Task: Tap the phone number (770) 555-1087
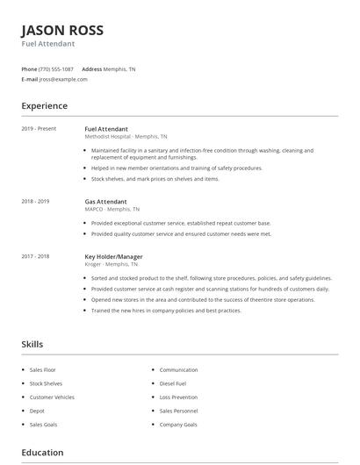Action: click(56, 68)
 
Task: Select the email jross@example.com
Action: click(63, 79)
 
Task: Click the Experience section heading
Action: click(44, 106)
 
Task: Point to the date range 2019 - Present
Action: click(39, 129)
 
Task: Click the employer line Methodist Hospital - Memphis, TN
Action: click(126, 137)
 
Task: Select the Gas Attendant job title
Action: click(105, 201)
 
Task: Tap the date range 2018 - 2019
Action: click(35, 201)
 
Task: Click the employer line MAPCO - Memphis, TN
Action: click(112, 210)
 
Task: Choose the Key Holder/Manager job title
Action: click(113, 256)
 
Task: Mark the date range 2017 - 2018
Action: click(35, 256)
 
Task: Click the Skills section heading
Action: click(32, 345)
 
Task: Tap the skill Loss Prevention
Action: click(179, 397)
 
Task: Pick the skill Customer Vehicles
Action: click(52, 397)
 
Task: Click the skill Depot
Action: click(37, 411)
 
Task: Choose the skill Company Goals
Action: click(178, 425)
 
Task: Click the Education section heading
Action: click(42, 453)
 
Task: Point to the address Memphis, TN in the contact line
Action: click(119, 68)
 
